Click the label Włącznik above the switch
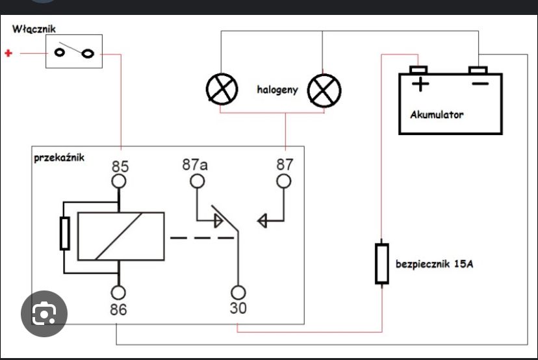click(x=34, y=29)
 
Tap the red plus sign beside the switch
click(x=8, y=53)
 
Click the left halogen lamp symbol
click(x=222, y=89)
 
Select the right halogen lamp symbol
click(x=324, y=90)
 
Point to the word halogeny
click(x=277, y=90)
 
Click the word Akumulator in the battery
click(x=437, y=114)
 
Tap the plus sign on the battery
click(x=420, y=84)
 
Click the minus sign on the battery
click(x=480, y=83)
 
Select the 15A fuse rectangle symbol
click(x=382, y=264)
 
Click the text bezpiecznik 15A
click(x=435, y=264)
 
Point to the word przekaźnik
click(x=59, y=158)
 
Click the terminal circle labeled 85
click(x=119, y=181)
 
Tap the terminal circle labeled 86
click(x=118, y=292)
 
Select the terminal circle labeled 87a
click(x=198, y=181)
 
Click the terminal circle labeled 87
click(x=284, y=181)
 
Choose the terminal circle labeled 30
click(x=238, y=292)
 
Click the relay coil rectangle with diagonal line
click(x=121, y=236)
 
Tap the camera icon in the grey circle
click(x=44, y=313)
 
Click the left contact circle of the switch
click(x=60, y=53)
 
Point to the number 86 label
click(x=118, y=309)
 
